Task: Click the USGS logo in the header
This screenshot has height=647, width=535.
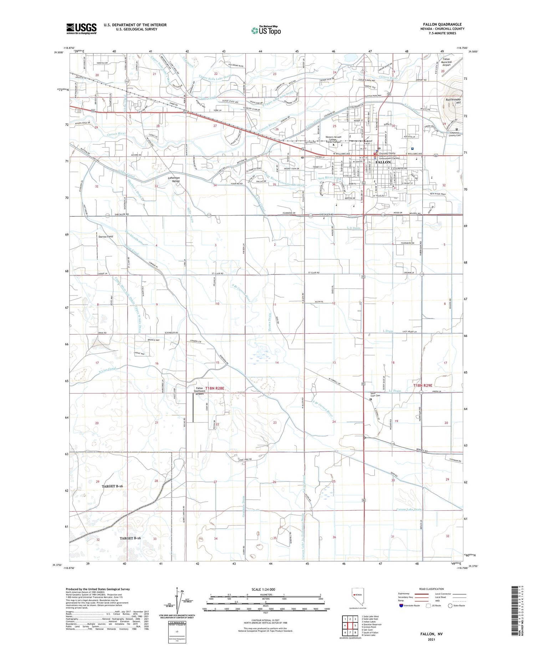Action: pyautogui.click(x=81, y=29)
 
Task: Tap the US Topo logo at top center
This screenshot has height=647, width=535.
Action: pyautogui.click(x=266, y=31)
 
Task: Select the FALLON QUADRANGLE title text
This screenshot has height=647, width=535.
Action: pyautogui.click(x=442, y=24)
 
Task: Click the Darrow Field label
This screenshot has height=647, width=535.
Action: pyautogui.click(x=106, y=236)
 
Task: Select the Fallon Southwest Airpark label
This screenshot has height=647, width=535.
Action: pyautogui.click(x=199, y=391)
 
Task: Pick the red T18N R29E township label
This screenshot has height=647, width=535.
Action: pyautogui.click(x=423, y=385)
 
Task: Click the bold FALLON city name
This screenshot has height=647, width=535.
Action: pyautogui.click(x=383, y=162)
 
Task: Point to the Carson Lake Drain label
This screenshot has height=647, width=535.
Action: pyautogui.click(x=409, y=510)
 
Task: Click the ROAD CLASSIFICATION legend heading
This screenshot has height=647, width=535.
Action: pyautogui.click(x=432, y=589)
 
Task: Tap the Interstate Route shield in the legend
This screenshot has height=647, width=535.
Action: pyautogui.click(x=401, y=606)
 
